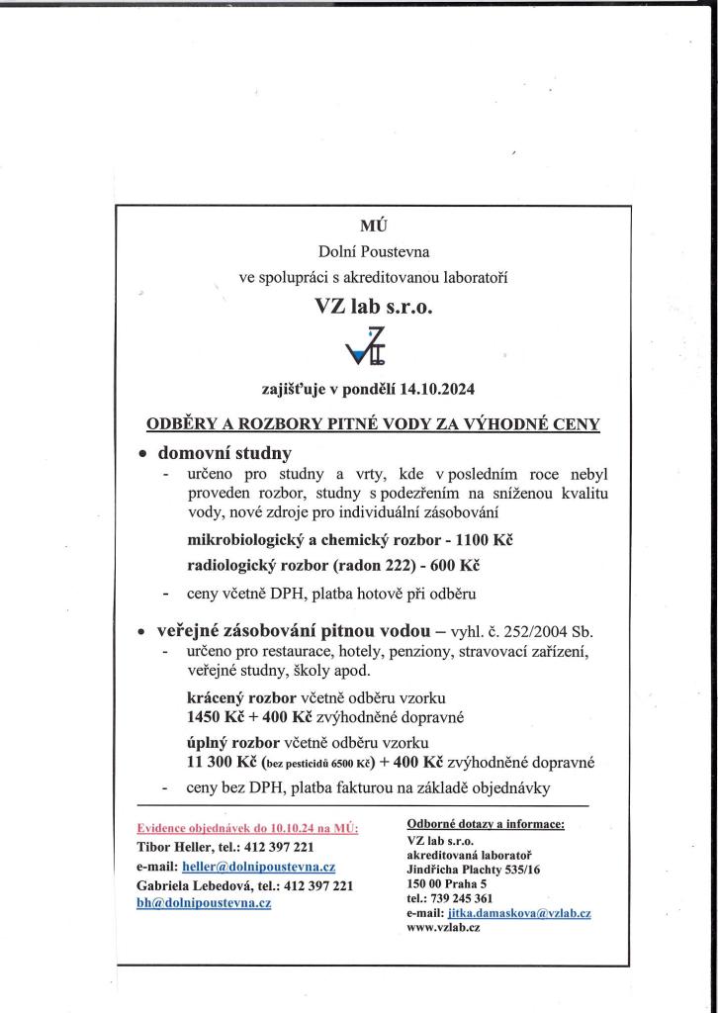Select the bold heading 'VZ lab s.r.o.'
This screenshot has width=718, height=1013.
pos(373,306)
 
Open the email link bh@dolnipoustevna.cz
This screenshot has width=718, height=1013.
pos(203,903)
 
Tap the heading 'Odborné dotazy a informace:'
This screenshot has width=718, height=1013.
pos(485,823)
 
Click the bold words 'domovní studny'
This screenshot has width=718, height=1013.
pos(224,454)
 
